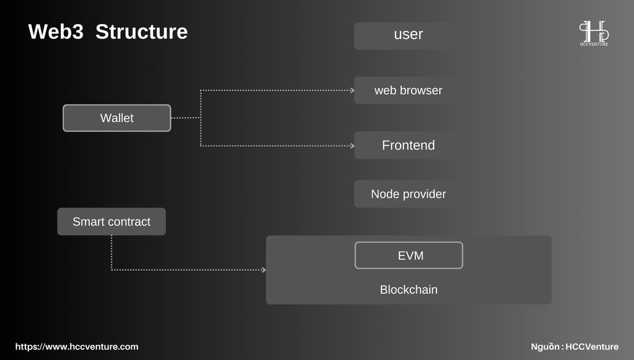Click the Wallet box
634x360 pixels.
click(117, 118)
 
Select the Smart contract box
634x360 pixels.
click(111, 222)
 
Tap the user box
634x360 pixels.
click(409, 36)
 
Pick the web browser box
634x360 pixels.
click(409, 90)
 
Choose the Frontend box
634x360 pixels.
click(409, 145)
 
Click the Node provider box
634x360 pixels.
click(409, 194)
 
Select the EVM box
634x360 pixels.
click(409, 255)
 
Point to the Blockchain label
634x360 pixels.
click(409, 289)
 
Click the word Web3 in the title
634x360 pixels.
click(56, 32)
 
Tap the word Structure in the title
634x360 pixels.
click(142, 32)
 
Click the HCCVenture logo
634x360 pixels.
click(594, 33)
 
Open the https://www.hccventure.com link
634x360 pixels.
click(77, 346)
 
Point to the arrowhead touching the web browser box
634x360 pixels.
click(352, 90)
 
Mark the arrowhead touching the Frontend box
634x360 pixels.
click(352, 146)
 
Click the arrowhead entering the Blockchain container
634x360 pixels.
click(264, 270)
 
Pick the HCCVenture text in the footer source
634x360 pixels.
click(592, 346)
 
